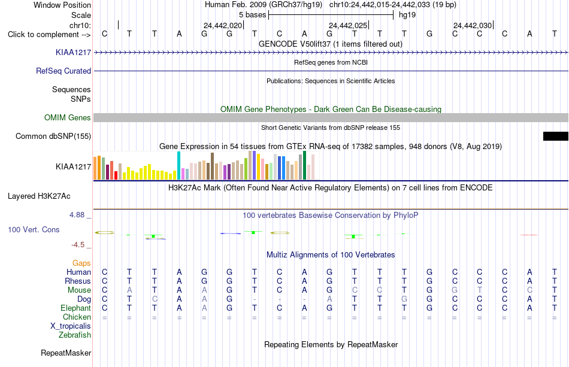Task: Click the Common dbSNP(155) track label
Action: pyautogui.click(x=53, y=137)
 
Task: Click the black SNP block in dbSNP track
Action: pyautogui.click(x=556, y=136)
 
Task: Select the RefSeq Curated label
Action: pyautogui.click(x=63, y=71)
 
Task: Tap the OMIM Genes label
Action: pyautogui.click(x=68, y=117)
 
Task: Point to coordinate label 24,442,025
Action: pyautogui.click(x=348, y=25)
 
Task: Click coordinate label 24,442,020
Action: pyautogui.click(x=223, y=25)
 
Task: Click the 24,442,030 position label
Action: pyautogui.click(x=473, y=25)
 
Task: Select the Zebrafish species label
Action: pyautogui.click(x=75, y=335)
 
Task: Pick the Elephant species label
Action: pyautogui.click(x=76, y=308)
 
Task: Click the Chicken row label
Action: pyautogui.click(x=77, y=317)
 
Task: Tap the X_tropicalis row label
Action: pyautogui.click(x=71, y=326)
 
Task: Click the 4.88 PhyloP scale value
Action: pyautogui.click(x=77, y=215)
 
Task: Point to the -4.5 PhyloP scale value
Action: pyautogui.click(x=78, y=245)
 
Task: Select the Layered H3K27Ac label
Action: pyautogui.click(x=39, y=196)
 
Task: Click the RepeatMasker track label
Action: pyautogui.click(x=66, y=353)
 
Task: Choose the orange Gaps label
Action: pyautogui.click(x=81, y=263)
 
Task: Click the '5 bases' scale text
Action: pyautogui.click(x=253, y=15)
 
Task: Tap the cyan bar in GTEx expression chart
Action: pyautogui.click(x=179, y=165)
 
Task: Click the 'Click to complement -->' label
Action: pyautogui.click(x=49, y=35)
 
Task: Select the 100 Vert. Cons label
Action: pyautogui.click(x=34, y=229)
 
